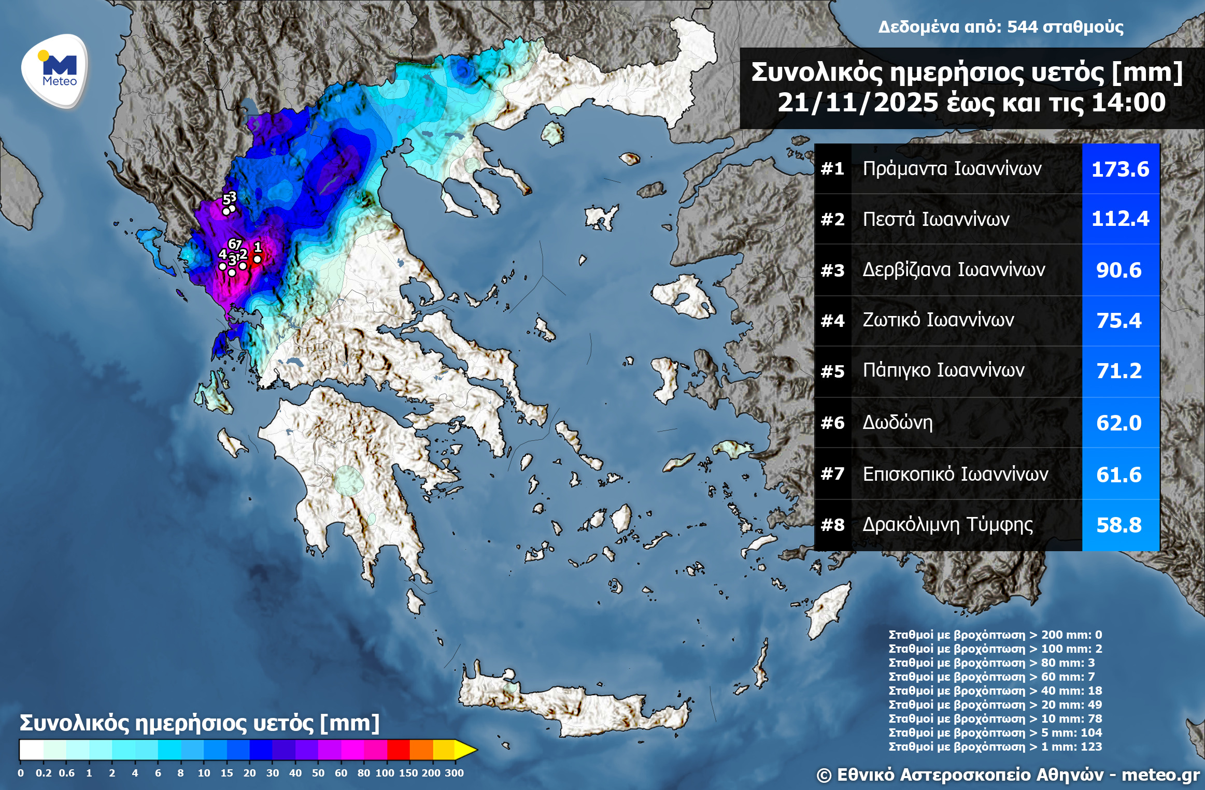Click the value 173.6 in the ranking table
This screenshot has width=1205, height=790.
1120,169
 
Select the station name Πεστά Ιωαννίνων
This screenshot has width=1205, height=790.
935,219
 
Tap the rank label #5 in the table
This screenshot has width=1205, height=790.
832,371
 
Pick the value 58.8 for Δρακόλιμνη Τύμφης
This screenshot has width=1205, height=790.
1118,525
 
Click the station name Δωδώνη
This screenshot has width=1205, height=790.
897,423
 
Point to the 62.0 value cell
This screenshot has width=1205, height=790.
1118,423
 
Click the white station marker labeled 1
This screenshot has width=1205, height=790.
257,260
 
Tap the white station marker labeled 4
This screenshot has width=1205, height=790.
222,266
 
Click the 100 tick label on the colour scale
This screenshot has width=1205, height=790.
385,773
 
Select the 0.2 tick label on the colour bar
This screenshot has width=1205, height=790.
44,773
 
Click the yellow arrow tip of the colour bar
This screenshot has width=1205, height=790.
466,750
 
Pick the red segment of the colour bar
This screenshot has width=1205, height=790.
398,750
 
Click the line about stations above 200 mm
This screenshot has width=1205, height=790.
995,635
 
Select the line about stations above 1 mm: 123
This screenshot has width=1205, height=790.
995,746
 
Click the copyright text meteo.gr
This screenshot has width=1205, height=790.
1160,774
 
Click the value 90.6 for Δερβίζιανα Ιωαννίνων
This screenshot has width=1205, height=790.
1118,270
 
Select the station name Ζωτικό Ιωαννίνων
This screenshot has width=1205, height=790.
938,320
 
